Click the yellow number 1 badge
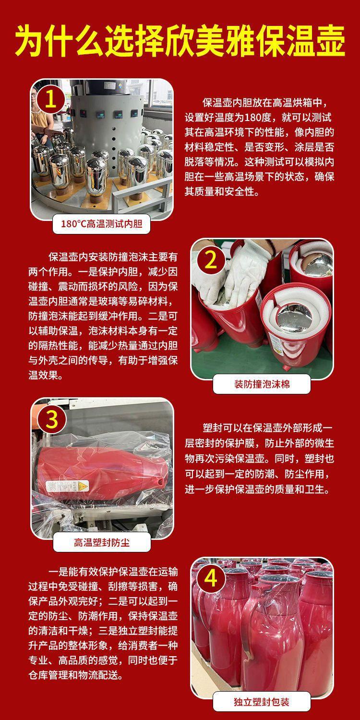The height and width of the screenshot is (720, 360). [50, 99]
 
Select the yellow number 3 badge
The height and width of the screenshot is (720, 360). [52, 419]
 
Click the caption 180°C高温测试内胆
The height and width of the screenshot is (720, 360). [101, 224]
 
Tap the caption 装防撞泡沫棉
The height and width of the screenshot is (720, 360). [262, 384]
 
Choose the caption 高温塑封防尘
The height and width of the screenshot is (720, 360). [102, 543]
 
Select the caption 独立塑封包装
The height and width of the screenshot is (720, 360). [262, 702]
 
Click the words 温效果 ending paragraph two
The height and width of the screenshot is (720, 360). [43, 375]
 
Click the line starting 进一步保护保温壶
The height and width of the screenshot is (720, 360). [257, 489]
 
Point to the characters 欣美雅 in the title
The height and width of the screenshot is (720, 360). [197, 42]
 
